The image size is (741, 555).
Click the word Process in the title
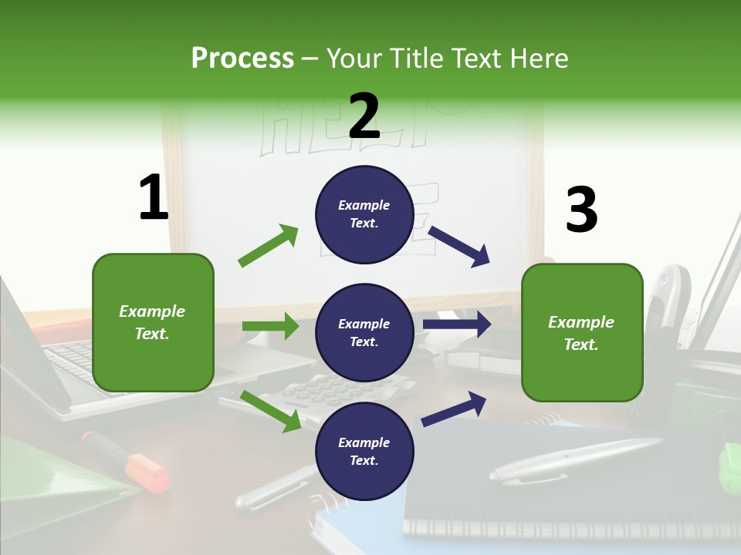tap(242, 58)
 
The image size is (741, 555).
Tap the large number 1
tap(154, 198)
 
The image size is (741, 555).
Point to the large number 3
tap(581, 210)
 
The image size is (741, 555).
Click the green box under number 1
tap(153, 322)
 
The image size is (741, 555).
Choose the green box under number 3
tap(582, 332)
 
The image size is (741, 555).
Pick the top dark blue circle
tap(364, 214)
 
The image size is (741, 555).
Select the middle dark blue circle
tap(364, 332)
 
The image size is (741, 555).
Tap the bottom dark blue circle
tap(364, 451)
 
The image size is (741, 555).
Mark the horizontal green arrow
tap(270, 326)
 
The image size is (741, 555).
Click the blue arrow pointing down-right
tap(459, 246)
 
